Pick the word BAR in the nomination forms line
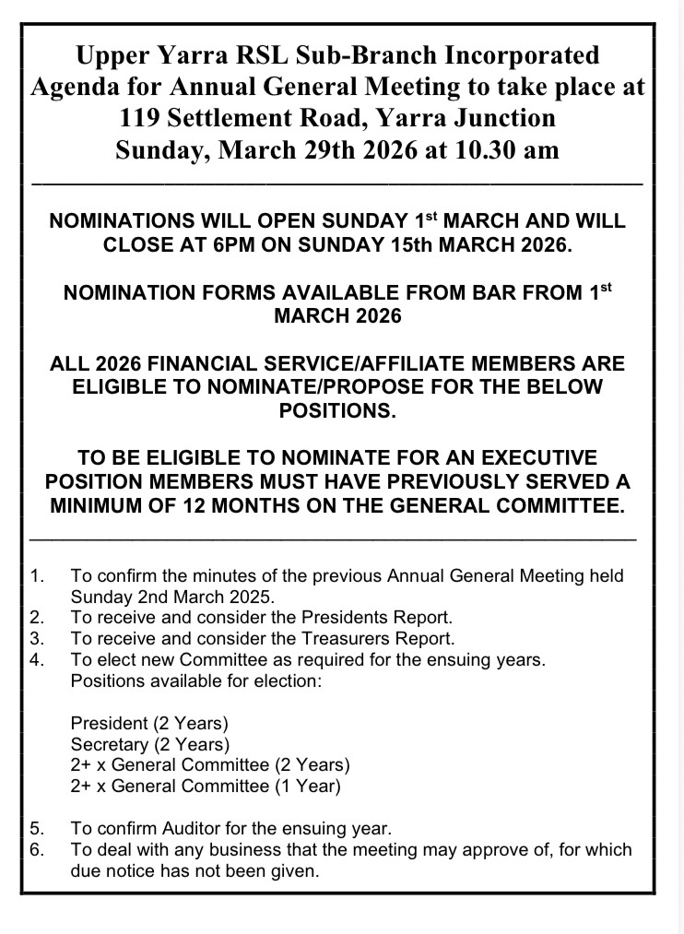click(x=446, y=294)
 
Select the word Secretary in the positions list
click(x=109, y=743)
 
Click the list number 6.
click(x=38, y=848)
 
